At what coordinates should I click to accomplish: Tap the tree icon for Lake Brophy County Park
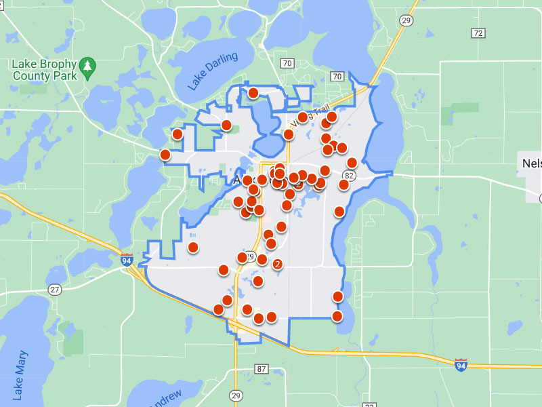click(x=87, y=66)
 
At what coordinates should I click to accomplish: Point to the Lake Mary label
click(x=21, y=374)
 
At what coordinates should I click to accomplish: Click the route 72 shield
click(x=478, y=33)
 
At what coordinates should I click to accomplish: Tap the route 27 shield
click(x=54, y=290)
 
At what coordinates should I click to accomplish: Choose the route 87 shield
click(x=261, y=369)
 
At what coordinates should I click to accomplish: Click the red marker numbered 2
click(x=276, y=264)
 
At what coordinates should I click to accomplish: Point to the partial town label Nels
click(x=531, y=163)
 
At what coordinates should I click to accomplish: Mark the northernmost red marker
click(x=253, y=93)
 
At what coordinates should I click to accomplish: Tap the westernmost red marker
click(x=165, y=155)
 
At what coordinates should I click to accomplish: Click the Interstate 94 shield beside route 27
click(x=127, y=259)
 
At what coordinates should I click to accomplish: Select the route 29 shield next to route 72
click(x=406, y=21)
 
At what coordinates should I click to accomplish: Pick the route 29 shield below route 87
click(x=236, y=395)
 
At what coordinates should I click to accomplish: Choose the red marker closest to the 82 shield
click(x=344, y=185)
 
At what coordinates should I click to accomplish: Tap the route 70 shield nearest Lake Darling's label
click(x=287, y=64)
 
